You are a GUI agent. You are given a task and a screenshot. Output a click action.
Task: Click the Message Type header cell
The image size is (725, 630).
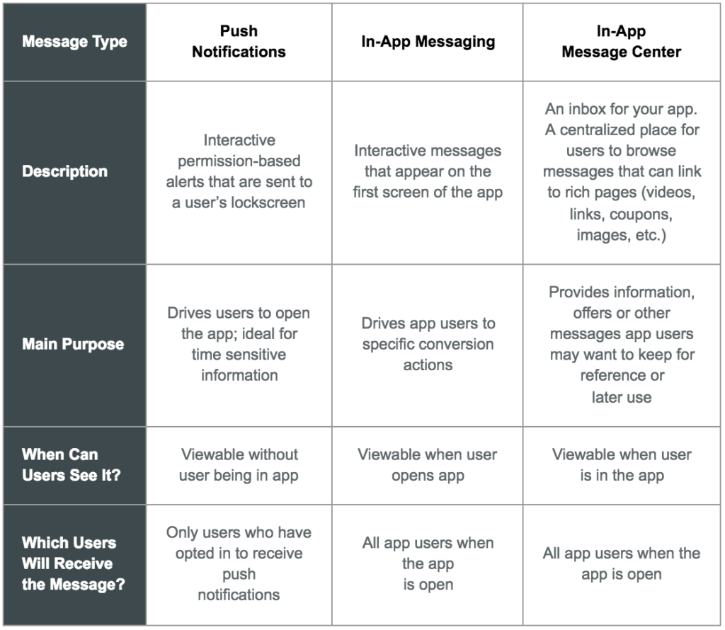[x=74, y=42]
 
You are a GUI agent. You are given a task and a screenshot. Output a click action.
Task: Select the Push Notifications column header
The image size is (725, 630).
[x=239, y=42]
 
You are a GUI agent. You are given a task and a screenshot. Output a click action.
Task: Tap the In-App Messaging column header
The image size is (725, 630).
[x=427, y=42]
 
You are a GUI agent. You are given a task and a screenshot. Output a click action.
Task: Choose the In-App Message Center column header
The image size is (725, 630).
[x=621, y=42]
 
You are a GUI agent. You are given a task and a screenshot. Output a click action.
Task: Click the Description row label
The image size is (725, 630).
[x=64, y=171]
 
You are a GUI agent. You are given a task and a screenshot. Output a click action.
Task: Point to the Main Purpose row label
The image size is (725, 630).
[x=73, y=345]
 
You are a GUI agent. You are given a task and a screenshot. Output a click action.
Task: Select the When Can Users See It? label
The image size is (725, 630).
[x=71, y=464]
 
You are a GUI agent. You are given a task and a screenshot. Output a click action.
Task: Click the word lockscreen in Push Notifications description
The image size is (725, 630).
[x=271, y=203]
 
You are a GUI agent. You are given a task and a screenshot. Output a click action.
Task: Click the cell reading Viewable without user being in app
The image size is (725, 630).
[x=239, y=464]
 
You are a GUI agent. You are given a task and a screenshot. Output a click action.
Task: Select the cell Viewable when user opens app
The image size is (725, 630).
[x=427, y=464]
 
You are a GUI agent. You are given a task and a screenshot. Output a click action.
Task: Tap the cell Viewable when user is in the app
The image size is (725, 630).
[x=622, y=464]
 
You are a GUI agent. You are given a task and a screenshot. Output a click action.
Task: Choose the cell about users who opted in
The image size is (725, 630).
[x=239, y=563]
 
